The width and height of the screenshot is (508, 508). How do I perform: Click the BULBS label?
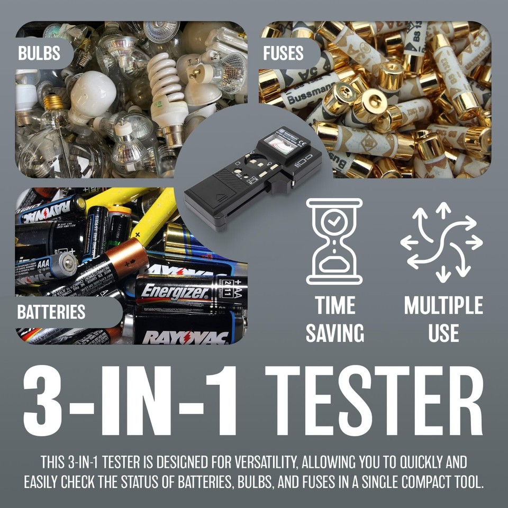[39, 54]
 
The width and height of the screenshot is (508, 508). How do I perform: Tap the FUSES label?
[284, 54]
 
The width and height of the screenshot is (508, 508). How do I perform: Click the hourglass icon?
[334, 241]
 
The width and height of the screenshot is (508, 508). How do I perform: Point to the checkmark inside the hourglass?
[334, 222]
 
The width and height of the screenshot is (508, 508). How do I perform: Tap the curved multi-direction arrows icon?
[441, 241]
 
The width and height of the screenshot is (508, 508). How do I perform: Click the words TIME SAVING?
[335, 319]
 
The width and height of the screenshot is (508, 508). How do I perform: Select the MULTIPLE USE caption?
[443, 319]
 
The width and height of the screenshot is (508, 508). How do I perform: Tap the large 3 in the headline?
[47, 401]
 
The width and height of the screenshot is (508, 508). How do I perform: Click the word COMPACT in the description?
[410, 483]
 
